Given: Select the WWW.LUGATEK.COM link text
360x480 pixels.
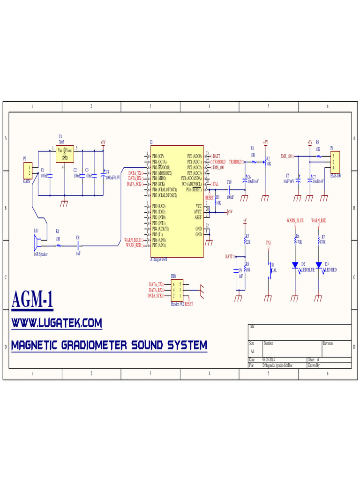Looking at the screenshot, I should coord(57,323).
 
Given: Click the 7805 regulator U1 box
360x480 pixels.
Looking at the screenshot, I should coord(65,155).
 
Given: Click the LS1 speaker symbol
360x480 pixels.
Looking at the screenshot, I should coord(37,243).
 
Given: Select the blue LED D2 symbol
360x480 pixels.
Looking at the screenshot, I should coord(295,265).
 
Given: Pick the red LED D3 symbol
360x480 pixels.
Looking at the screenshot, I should coord(319,265).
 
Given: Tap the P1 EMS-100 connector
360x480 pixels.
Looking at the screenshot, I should coord(335,162).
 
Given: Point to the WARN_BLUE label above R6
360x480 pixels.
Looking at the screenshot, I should coord(295,220).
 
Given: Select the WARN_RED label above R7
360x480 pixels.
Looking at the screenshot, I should coord(318,220).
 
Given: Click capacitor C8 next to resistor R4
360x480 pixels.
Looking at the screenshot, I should coord(79,245).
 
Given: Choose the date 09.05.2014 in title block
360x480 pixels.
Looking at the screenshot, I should coord(269,360).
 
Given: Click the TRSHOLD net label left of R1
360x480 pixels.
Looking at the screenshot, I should coord(235,162).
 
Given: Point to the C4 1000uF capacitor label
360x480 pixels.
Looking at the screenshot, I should coord(112,178).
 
